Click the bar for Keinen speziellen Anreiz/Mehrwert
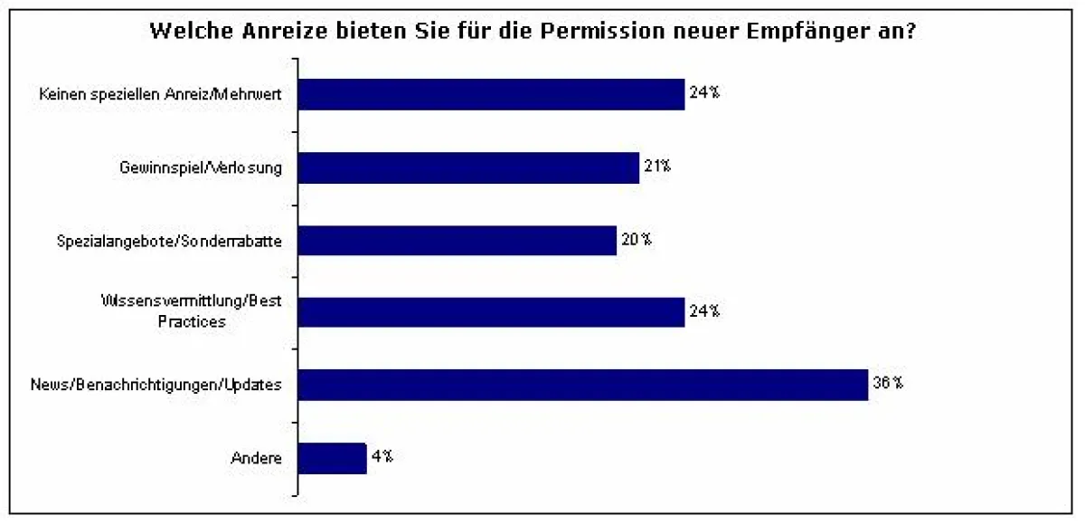coord(491,94)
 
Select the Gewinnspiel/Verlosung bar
coord(468,167)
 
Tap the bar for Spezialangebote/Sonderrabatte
coord(457,241)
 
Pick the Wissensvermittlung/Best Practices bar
coord(491,311)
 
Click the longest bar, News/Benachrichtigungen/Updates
coord(582,384)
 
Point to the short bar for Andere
coord(332,457)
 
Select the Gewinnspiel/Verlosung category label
coord(201,167)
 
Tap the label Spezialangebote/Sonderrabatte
coord(169,241)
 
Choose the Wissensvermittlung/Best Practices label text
coord(190,311)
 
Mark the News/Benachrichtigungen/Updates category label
coord(156,385)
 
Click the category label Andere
coord(257,458)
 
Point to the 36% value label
coord(887,383)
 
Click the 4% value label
coord(381,456)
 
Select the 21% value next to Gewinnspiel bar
coord(657,166)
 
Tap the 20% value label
coord(635,240)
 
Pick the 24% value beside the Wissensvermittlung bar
coord(703,310)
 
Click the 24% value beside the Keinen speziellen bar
coord(703,92)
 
